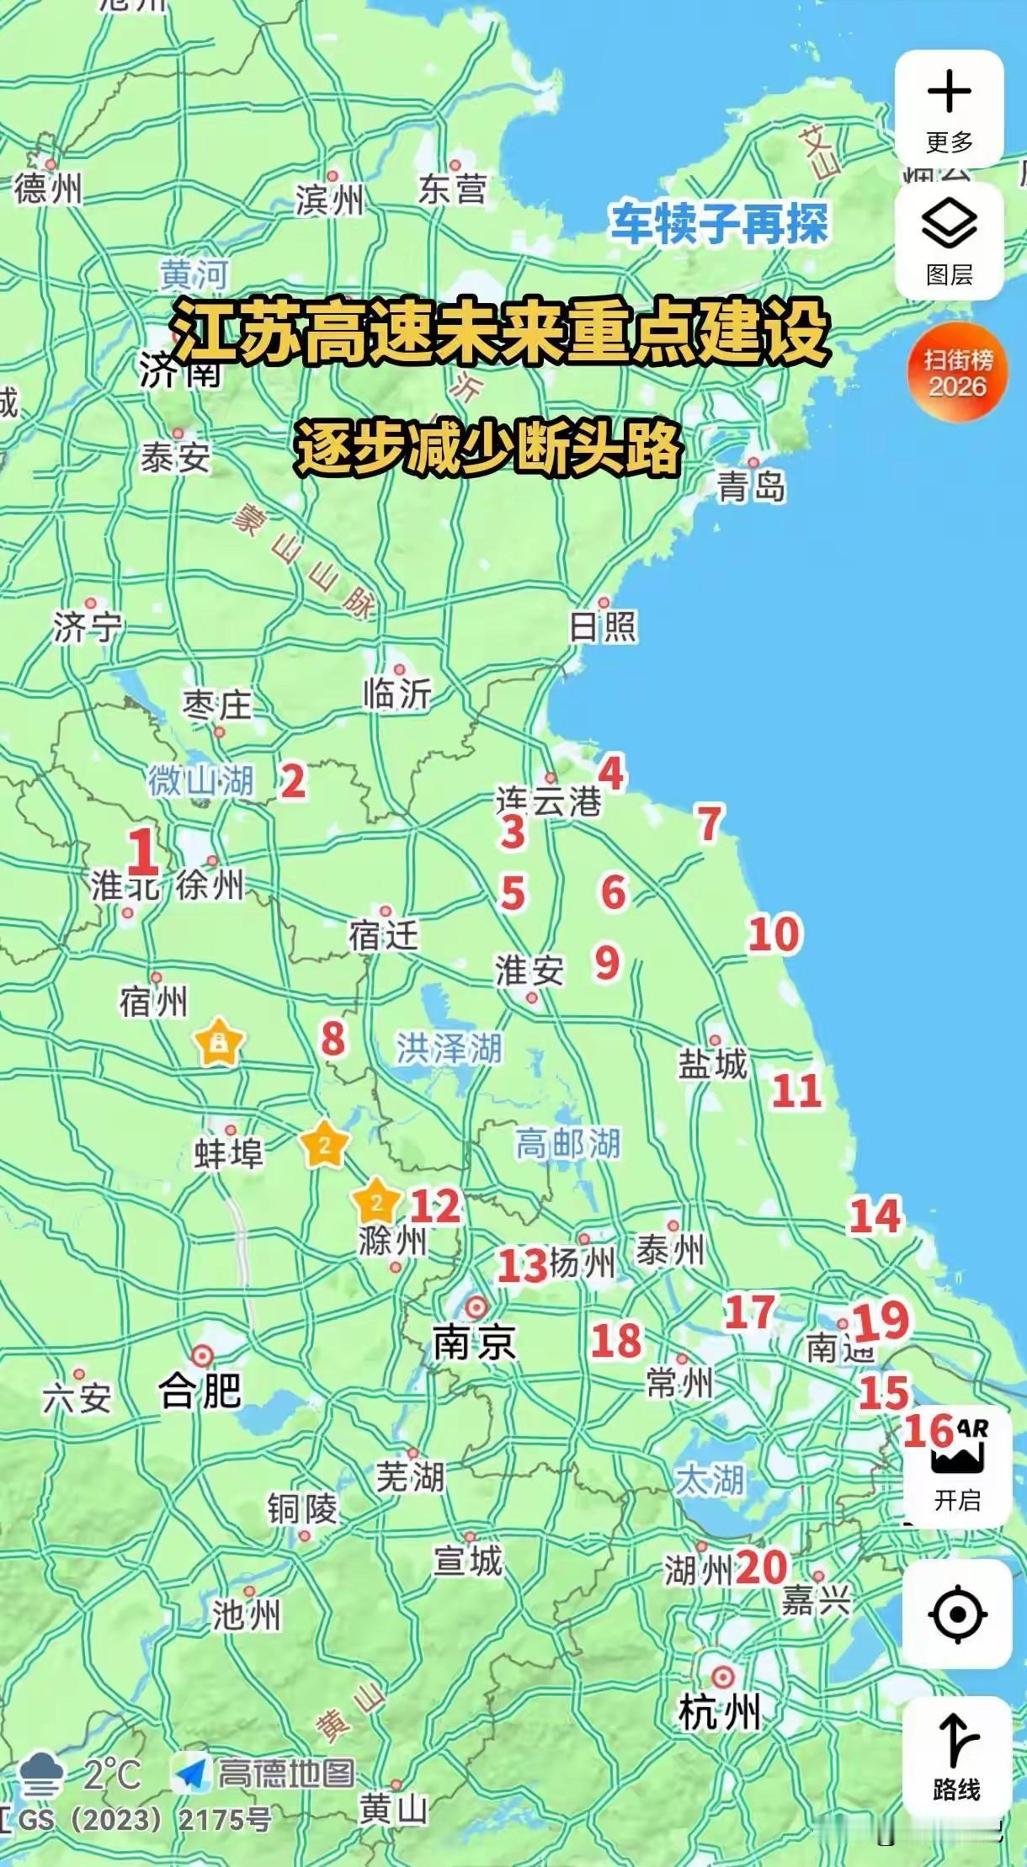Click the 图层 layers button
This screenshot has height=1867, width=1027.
949,240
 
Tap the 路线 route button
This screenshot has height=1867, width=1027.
956,1755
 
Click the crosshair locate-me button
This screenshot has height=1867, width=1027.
957,1614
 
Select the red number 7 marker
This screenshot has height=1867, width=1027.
710,824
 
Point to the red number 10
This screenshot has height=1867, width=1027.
774,935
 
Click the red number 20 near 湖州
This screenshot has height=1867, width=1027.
762,1567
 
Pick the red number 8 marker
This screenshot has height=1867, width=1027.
333,1038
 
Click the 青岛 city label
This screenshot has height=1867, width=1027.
751,486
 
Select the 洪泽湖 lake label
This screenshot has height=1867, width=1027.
449,1049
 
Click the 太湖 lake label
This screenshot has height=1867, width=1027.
709,1479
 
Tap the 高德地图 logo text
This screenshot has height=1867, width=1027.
286,1774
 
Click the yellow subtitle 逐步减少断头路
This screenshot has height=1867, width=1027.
488,448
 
